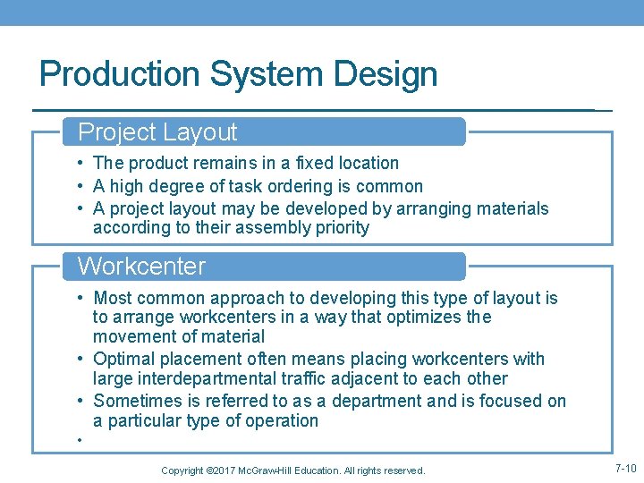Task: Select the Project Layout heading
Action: pos(157,132)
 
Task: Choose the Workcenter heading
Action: pos(141,267)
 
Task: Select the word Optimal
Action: pos(124,360)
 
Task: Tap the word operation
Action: pos(282,420)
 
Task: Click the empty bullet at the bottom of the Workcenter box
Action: pos(80,440)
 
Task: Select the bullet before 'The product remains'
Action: pos(80,163)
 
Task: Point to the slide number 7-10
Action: pos(625,469)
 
